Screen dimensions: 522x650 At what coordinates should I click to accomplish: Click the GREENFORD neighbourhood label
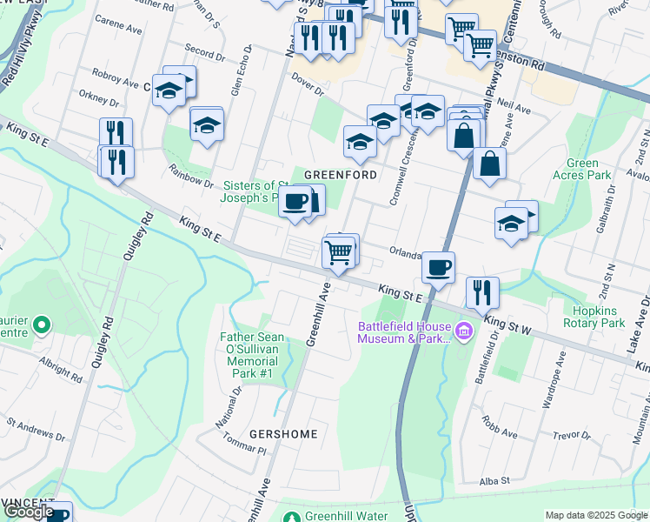pyautogui.click(x=340, y=175)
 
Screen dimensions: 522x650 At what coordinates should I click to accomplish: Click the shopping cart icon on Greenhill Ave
pyautogui.click(x=337, y=252)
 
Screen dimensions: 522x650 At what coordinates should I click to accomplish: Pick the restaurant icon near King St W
pyautogui.click(x=481, y=292)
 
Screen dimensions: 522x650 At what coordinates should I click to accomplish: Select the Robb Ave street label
pyautogui.click(x=500, y=430)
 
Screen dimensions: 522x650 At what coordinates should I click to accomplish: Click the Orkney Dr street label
pyautogui.click(x=90, y=98)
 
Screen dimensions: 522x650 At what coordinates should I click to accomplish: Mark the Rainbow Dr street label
pyautogui.click(x=190, y=176)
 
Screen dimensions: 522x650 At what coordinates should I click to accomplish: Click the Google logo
pyautogui.click(x=29, y=512)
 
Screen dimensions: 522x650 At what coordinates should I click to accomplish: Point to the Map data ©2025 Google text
pyautogui.click(x=595, y=515)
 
